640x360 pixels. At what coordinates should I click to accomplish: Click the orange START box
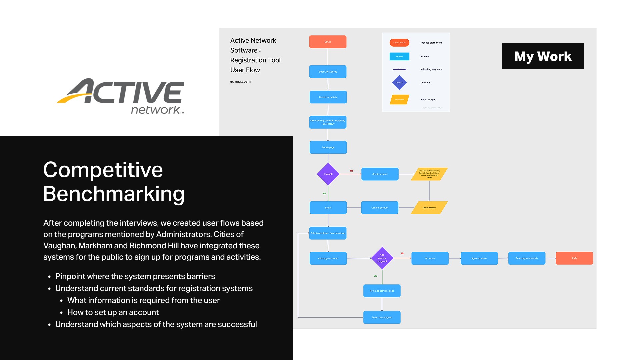[328, 42]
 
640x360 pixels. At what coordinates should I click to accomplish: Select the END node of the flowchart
[574, 258]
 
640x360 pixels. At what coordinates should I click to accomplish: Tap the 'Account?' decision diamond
[328, 174]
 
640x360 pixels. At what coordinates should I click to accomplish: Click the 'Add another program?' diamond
[382, 258]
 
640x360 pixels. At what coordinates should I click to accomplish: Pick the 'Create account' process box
[380, 174]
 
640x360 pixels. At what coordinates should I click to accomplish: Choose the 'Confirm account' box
[380, 208]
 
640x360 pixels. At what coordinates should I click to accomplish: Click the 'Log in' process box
[328, 208]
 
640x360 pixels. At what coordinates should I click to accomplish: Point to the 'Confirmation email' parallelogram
[429, 208]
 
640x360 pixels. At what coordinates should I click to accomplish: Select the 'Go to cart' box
[430, 258]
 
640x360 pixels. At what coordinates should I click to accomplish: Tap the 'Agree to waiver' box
[479, 258]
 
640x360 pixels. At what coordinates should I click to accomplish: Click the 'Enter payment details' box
[527, 258]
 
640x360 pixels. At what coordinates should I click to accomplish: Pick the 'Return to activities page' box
[382, 291]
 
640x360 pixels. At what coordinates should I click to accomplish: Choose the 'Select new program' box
[382, 317]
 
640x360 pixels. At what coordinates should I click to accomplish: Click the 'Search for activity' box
[328, 97]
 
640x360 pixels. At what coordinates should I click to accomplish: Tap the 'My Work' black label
[543, 56]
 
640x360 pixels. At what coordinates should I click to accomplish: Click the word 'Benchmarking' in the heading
[114, 194]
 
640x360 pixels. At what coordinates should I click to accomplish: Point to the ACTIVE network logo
[121, 96]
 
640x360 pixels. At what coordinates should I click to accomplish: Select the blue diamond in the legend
[399, 83]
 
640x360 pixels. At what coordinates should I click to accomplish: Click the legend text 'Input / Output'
[428, 100]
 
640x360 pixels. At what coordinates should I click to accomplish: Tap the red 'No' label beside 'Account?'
[351, 171]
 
